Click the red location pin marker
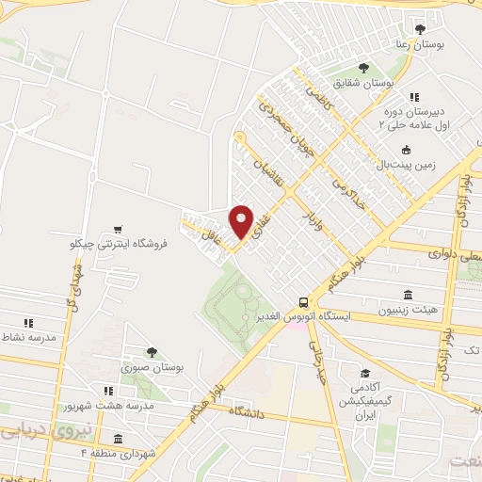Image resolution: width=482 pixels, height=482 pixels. [242, 221]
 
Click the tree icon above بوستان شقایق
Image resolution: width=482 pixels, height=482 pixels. [364, 68]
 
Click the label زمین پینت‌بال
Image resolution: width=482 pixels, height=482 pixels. [404, 164]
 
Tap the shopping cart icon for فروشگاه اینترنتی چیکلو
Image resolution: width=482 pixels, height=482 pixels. [118, 229]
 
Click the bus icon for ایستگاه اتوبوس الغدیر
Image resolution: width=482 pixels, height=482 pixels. [302, 302]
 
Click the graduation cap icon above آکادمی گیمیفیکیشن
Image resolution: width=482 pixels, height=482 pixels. [363, 375]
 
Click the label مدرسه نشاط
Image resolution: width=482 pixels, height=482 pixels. [28, 336]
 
